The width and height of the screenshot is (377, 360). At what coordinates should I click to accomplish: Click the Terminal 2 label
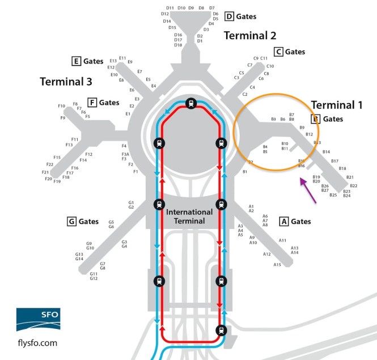click(x=254, y=36)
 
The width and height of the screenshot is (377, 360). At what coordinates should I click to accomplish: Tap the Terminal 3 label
click(x=66, y=82)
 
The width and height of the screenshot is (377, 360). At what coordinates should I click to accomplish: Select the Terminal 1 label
click(x=337, y=105)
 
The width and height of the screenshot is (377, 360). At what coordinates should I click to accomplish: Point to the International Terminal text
click(x=189, y=216)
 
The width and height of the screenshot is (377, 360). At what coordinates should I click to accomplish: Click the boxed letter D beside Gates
click(x=229, y=16)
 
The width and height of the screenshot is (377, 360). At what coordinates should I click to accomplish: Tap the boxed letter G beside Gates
click(x=71, y=222)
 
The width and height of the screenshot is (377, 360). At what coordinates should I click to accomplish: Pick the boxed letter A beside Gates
click(x=284, y=221)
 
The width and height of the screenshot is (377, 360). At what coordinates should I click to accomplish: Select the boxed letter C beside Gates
click(x=278, y=52)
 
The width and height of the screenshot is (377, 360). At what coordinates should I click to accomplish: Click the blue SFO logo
click(x=38, y=319)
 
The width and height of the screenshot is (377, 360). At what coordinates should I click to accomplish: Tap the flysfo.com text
click(x=38, y=342)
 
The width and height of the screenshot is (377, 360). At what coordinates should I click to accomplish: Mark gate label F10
click(x=61, y=106)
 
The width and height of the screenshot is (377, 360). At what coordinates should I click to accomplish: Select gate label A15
click(x=277, y=265)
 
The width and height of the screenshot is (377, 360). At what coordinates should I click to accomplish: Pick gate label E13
click(x=113, y=60)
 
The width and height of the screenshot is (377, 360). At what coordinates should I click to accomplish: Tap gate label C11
click(x=264, y=58)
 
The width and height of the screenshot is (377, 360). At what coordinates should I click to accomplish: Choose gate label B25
click(x=333, y=195)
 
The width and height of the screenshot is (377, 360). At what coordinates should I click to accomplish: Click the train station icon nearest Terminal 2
click(x=191, y=103)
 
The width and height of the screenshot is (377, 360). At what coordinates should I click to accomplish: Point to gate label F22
click(x=50, y=165)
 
